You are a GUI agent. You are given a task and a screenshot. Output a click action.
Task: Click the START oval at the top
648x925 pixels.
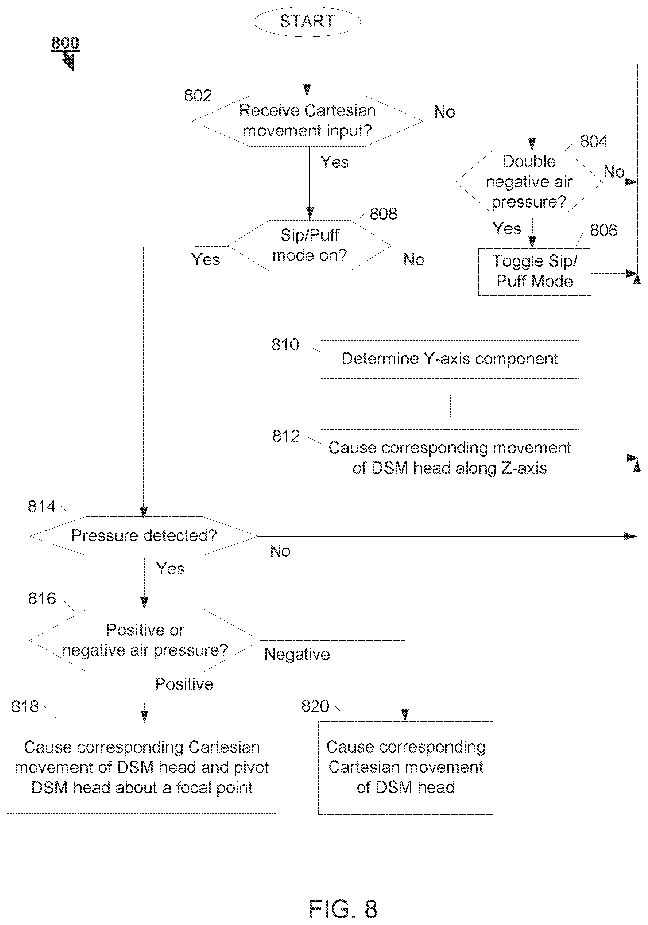point(307,21)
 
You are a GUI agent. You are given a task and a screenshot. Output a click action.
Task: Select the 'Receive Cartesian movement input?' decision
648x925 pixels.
point(307,121)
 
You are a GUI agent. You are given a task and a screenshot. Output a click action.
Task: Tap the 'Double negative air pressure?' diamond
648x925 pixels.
point(529,182)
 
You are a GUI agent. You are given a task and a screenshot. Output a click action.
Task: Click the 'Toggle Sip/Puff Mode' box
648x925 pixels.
point(534,272)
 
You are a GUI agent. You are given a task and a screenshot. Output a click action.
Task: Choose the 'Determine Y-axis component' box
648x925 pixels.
point(450,359)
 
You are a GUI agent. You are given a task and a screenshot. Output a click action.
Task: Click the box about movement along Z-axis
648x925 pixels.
point(450,458)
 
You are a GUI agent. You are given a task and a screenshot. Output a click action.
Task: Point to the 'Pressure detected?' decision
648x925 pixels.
point(144,536)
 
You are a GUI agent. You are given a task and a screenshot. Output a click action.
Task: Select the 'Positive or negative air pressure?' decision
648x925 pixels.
point(145,640)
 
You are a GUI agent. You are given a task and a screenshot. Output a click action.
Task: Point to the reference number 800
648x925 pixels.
point(65,43)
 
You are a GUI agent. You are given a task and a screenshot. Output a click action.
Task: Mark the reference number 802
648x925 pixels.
point(198,95)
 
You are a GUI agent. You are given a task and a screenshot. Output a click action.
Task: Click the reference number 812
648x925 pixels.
point(286,436)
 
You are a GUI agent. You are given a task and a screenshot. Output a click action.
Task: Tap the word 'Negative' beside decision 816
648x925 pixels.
point(297,654)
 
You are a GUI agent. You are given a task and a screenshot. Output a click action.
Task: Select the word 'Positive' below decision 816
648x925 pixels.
point(184,684)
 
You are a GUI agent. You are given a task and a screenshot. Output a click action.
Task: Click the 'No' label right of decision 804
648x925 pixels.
point(614,172)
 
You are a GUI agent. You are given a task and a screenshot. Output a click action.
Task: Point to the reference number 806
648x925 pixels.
point(604,230)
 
